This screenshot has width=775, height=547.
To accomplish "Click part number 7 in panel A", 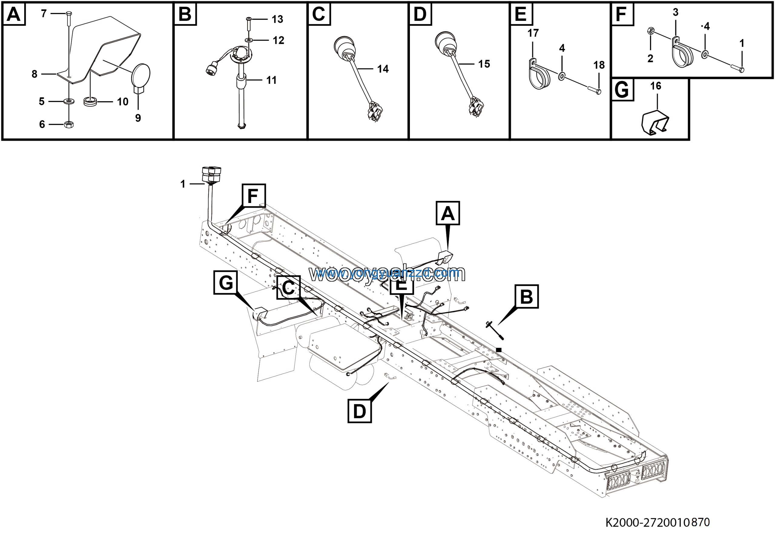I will tap(44, 14).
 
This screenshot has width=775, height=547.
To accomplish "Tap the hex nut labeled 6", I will tap(69, 124).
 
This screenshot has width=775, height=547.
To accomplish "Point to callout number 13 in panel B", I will tap(278, 19).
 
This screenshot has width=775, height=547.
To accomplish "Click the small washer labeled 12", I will tap(249, 40).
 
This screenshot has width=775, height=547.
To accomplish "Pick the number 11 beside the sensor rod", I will tap(271, 80).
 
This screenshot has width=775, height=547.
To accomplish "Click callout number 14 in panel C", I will tap(383, 69).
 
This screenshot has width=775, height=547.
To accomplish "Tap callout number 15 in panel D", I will tap(484, 64).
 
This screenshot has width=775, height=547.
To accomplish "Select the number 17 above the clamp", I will tap(533, 33).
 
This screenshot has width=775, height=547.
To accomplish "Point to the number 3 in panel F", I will tap(675, 12).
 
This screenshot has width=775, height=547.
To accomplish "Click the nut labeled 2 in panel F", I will tap(649, 32).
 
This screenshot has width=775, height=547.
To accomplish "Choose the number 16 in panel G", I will tap(655, 86).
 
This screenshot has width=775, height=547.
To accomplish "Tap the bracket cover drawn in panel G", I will tap(655, 123).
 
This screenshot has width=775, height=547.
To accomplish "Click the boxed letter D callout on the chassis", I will tap(359, 411).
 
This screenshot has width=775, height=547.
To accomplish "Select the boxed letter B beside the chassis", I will tap(526, 296).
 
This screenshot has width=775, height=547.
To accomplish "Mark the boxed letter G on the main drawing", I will tap(226, 282).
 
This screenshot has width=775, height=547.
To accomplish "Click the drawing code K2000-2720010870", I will tap(658, 522).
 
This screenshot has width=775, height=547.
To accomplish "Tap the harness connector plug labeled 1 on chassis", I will tap(211, 174).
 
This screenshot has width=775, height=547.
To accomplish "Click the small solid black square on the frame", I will tap(499, 350).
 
